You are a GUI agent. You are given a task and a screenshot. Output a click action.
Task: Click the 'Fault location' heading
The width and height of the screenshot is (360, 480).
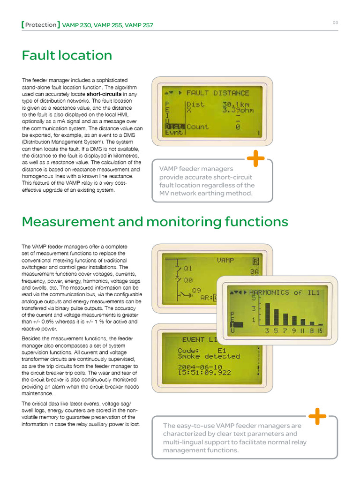[x=67, y=56]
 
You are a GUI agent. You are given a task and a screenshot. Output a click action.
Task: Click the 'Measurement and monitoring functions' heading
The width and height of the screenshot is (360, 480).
[x=155, y=222]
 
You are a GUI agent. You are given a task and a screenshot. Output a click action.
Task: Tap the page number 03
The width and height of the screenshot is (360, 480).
[x=336, y=22]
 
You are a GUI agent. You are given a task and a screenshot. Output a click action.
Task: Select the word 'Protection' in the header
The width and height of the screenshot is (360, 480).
[x=41, y=25]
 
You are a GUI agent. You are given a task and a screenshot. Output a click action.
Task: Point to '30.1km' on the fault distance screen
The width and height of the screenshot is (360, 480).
[x=235, y=105]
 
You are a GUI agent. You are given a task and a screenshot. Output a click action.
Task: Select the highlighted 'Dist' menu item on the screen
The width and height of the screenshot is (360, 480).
[x=173, y=127]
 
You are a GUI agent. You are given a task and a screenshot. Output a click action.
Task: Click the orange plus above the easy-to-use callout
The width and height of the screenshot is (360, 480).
[x=318, y=416]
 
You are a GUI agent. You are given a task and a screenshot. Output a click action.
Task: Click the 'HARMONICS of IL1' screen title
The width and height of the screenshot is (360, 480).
[x=285, y=292]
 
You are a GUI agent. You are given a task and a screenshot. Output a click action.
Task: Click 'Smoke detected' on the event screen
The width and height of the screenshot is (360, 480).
[x=209, y=356]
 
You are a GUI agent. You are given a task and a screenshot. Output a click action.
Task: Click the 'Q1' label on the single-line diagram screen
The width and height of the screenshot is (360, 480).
[x=188, y=269]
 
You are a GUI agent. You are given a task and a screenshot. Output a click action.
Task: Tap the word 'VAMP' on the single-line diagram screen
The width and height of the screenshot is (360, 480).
[x=225, y=259]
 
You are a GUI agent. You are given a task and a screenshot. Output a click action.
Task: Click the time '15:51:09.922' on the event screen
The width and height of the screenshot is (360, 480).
[x=204, y=373]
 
